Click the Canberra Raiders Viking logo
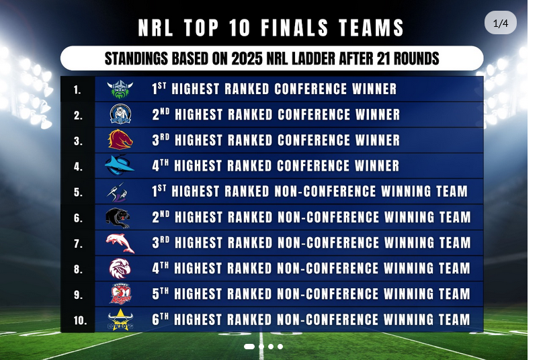coord(120,89)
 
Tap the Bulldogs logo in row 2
coord(120,114)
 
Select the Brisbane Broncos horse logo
coord(120,140)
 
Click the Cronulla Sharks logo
coord(120,165)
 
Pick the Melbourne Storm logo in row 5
coord(118,191)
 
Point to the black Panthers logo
coord(118,218)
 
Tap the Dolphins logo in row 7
coord(120,242)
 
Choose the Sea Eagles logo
coord(120,268)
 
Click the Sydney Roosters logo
coord(120,294)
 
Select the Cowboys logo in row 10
coord(120,320)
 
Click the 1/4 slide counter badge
coord(500,23)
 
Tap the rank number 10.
coord(80,320)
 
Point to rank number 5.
coord(79,192)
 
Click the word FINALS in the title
coord(294,28)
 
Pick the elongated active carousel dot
coord(249,346)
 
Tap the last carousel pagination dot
coord(280,346)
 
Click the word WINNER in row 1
coord(374,89)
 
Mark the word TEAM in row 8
coord(454,268)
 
